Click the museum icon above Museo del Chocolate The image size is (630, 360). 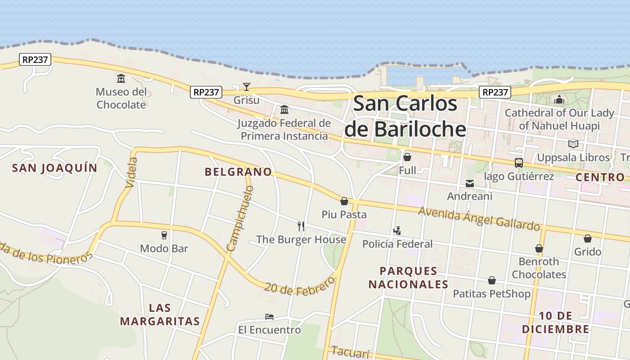[121, 79]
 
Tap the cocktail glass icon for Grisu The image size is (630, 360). [246, 86]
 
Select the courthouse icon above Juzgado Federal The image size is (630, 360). [284, 109]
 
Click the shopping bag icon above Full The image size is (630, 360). [407, 157]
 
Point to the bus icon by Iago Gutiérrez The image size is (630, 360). [518, 162]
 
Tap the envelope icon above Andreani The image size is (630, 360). [470, 183]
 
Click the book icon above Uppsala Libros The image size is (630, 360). [573, 144]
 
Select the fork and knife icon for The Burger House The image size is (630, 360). [301, 226]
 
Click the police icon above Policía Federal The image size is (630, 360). [397, 231]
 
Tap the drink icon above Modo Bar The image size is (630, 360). [164, 235]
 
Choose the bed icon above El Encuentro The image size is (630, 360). [270, 317]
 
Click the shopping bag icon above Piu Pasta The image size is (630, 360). [344, 201]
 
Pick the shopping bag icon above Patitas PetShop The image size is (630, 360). [492, 280]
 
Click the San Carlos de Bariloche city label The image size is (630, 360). [405, 116]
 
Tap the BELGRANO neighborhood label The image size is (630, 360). [238, 172]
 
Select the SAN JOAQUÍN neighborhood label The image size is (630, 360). [54, 168]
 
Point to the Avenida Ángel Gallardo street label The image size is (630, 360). [479, 218]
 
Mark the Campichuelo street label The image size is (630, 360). [240, 218]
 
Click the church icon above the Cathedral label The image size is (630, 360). [559, 99]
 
